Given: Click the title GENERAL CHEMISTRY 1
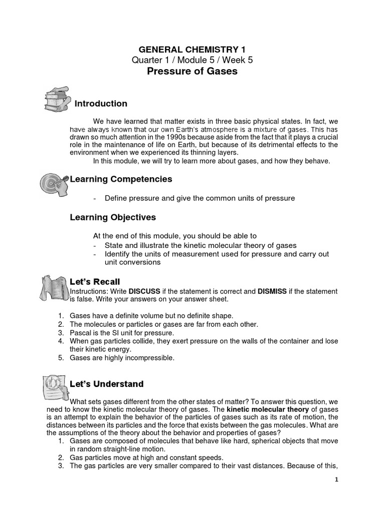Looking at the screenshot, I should click(x=192, y=49).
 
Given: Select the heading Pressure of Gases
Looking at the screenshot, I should click(x=192, y=71).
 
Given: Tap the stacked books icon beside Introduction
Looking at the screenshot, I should click(x=56, y=100).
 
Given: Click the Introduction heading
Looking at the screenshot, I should click(x=101, y=104).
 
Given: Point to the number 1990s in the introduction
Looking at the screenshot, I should click(x=183, y=137).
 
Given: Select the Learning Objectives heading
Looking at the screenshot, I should click(x=113, y=217).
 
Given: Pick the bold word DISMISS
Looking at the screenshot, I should click(x=274, y=292).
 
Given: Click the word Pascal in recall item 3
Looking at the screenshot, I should click(x=81, y=333).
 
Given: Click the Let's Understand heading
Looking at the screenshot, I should click(x=106, y=384).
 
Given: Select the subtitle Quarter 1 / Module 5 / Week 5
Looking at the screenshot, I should click(x=192, y=60).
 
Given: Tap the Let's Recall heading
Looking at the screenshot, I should click(x=95, y=282).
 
